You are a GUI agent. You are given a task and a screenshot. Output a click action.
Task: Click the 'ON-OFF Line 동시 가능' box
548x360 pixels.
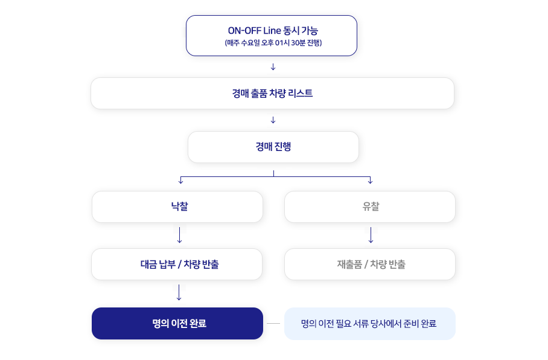272,36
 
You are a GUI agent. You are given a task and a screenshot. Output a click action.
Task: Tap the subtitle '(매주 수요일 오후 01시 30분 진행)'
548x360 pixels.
273,43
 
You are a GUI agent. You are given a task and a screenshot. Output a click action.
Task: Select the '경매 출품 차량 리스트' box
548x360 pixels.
272,94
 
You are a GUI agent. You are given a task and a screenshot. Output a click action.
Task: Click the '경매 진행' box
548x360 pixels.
273,147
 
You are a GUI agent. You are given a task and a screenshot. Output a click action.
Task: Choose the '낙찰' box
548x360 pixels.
177,207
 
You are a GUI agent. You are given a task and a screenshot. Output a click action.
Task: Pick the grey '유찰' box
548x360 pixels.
370,207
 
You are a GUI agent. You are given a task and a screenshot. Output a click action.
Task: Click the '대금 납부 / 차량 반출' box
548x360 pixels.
177,264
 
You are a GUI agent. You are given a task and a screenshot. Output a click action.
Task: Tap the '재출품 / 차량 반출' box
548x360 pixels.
370,264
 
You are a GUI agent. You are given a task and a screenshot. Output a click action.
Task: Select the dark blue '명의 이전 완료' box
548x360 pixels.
177,323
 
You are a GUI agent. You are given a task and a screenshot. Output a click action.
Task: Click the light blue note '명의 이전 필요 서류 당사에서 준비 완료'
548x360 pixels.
370,324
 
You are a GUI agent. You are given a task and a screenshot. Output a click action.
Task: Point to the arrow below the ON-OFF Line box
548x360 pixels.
273,67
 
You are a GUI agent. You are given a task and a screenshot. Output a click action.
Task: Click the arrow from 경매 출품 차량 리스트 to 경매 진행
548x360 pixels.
273,120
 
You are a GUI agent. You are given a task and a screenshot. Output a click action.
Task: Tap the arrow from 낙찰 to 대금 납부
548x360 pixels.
180,235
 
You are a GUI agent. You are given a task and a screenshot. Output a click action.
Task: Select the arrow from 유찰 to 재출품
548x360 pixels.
371,235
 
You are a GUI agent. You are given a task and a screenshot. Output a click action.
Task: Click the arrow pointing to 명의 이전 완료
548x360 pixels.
179,292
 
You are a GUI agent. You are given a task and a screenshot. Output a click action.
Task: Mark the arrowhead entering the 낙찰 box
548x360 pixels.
180,182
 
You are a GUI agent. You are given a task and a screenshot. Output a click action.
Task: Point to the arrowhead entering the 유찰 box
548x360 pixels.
370,182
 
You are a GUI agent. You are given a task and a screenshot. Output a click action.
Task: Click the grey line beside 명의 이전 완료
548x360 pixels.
273,324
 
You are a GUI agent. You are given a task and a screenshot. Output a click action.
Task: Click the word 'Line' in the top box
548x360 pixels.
272,31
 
